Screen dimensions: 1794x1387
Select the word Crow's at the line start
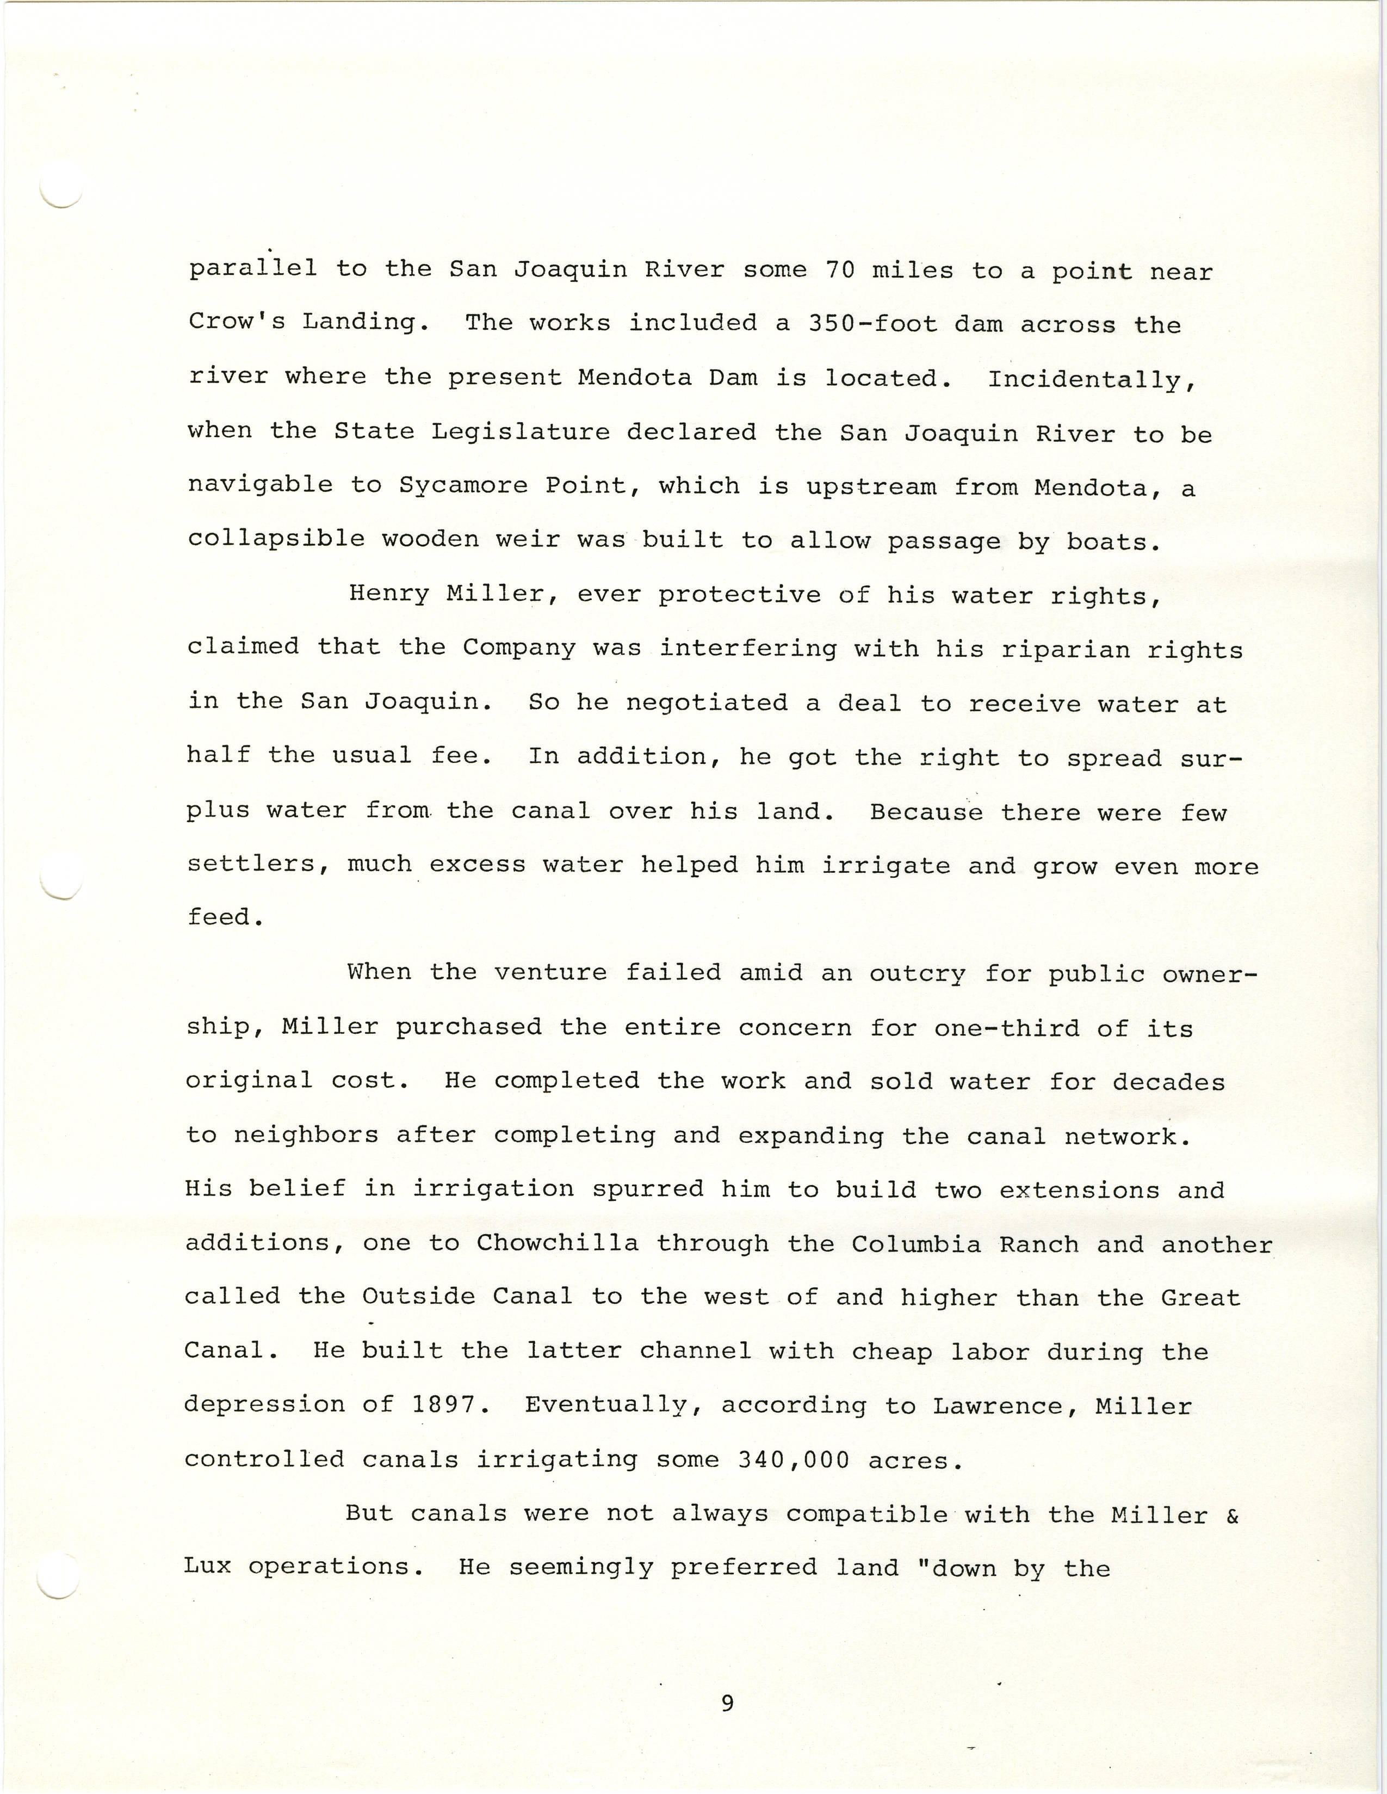237,320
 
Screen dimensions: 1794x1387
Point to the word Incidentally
1091,379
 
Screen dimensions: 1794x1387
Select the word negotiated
706,703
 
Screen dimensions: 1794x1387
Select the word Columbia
915,1244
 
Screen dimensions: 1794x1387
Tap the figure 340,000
793,1460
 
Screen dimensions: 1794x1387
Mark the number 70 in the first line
840,269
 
